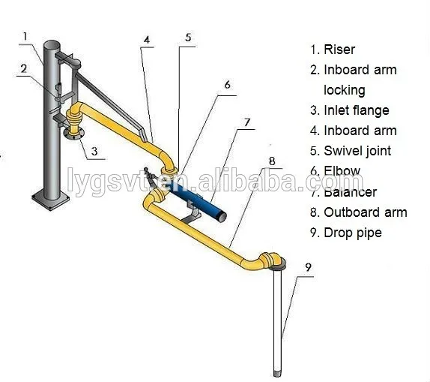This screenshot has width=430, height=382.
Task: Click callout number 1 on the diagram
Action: coord(25,35)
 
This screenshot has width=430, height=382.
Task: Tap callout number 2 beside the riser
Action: coord(24,68)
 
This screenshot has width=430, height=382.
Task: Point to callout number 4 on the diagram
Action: coord(147,39)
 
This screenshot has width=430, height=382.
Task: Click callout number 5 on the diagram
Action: coord(188,35)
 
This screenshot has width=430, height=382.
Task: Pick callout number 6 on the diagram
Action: coord(227,85)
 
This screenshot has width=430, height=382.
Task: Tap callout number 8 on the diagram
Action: coord(272,161)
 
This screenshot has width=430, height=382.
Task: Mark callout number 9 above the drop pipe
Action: coord(308,266)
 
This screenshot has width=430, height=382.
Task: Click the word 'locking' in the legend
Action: coord(345,90)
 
